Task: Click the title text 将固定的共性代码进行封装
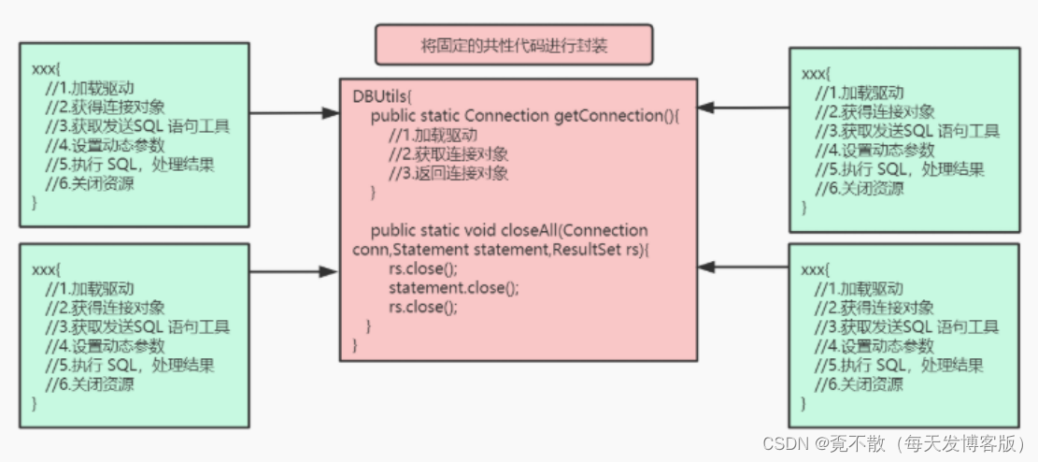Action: (514, 45)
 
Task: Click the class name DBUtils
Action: (379, 97)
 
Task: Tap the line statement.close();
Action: (453, 288)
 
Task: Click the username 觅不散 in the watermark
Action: (859, 442)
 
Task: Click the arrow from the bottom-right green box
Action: (744, 267)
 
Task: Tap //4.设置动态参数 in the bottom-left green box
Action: (104, 346)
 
